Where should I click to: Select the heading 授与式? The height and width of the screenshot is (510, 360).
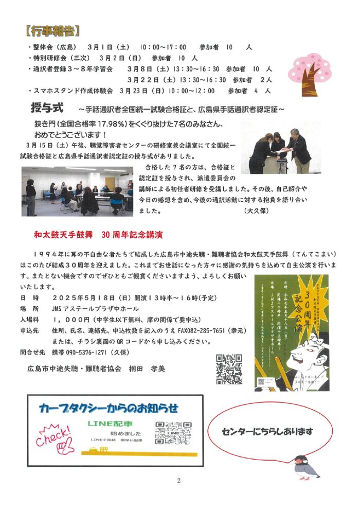(47, 109)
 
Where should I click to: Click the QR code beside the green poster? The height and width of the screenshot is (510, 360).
(229, 369)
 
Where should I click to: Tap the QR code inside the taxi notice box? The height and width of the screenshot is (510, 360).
(173, 433)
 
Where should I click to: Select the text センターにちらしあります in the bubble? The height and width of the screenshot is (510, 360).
(268, 431)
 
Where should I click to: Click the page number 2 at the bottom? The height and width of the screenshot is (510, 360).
(178, 481)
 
